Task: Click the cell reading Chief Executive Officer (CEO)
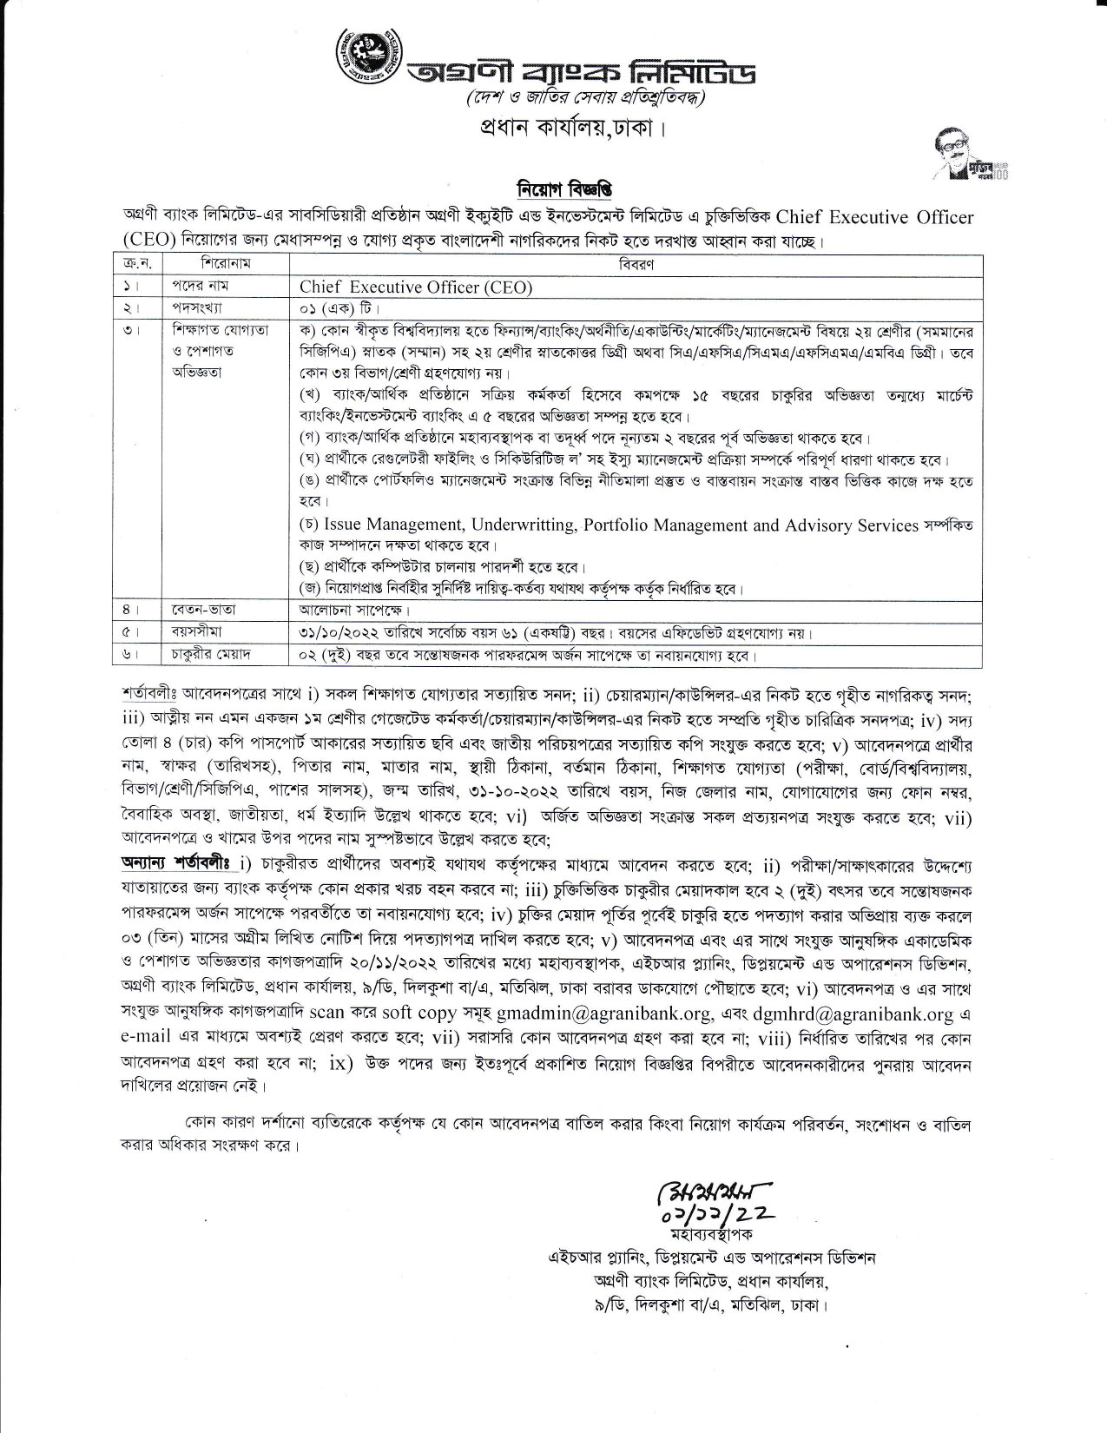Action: click(x=415, y=287)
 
